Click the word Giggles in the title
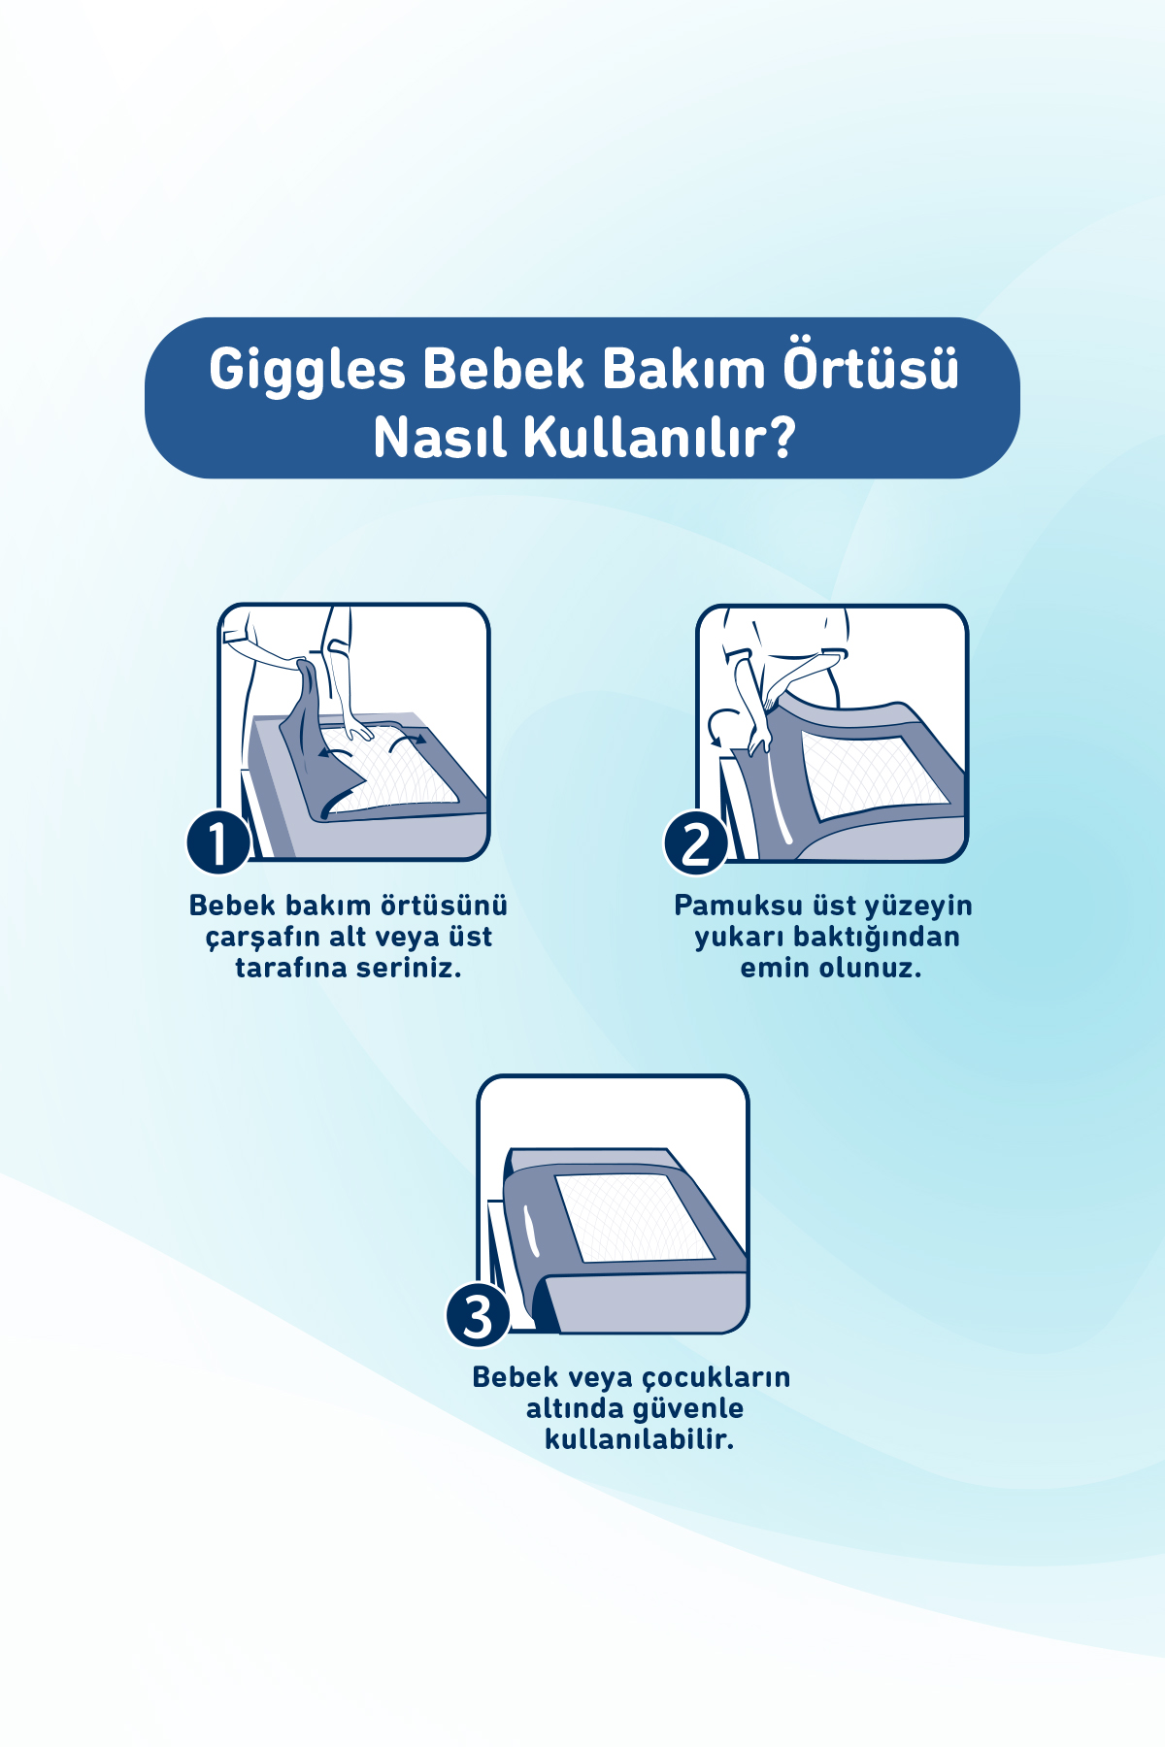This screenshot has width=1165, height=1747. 307,371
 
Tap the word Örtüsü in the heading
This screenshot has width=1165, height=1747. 871,369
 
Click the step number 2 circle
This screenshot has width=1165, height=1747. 696,842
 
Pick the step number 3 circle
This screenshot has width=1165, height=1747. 478,1316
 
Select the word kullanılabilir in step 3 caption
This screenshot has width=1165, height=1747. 639,1439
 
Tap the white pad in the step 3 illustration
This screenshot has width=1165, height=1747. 636,1217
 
